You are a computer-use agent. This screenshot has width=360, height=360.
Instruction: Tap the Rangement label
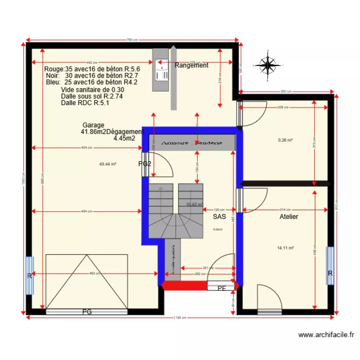(191, 65)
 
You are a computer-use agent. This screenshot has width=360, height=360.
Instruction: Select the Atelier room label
(289, 217)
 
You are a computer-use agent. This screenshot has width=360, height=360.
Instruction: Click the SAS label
(219, 217)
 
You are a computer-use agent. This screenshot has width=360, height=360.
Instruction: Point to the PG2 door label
(145, 164)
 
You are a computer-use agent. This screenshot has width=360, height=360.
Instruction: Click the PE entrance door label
(221, 288)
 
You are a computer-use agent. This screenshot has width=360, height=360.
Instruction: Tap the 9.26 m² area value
(285, 141)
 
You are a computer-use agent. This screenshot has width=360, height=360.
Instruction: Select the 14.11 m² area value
(285, 248)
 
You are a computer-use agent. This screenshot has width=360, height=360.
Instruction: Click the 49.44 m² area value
(108, 164)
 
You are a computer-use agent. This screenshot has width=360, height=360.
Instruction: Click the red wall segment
(185, 286)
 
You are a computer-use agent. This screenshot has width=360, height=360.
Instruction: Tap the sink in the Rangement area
(161, 70)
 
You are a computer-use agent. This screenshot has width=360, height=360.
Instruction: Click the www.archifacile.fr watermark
(326, 335)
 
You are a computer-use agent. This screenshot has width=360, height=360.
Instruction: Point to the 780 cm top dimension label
(132, 40)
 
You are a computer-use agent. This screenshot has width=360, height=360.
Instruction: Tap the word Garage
(93, 125)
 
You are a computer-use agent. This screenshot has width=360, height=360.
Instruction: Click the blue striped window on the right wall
(330, 273)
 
